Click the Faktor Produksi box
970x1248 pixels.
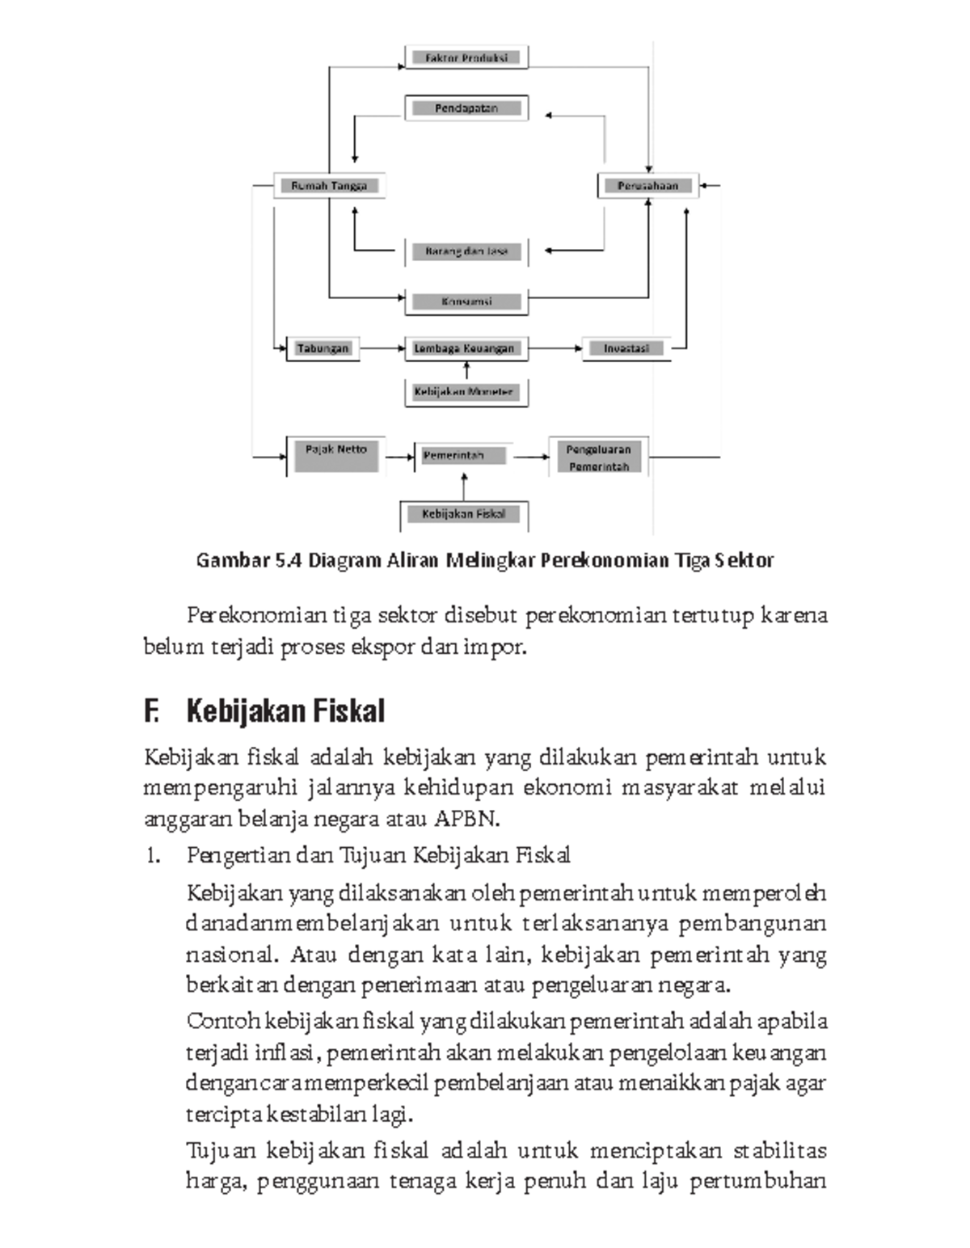click(466, 57)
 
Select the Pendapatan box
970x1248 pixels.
click(466, 108)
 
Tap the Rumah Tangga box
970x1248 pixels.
click(328, 185)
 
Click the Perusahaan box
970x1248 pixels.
click(647, 185)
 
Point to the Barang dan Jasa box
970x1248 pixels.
click(466, 251)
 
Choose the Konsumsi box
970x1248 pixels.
click(466, 301)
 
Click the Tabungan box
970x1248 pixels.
click(323, 348)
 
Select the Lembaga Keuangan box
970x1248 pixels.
click(465, 348)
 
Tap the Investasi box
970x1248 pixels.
click(626, 348)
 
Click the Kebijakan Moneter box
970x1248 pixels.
click(465, 392)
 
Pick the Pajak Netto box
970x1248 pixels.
click(335, 456)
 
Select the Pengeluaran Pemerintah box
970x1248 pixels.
click(598, 457)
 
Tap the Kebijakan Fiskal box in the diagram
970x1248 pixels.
click(464, 514)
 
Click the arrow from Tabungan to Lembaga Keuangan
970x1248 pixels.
click(382, 348)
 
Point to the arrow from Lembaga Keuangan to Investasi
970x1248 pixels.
click(555, 348)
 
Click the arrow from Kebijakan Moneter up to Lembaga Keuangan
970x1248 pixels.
click(466, 370)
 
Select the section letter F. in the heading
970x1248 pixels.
click(152, 711)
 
